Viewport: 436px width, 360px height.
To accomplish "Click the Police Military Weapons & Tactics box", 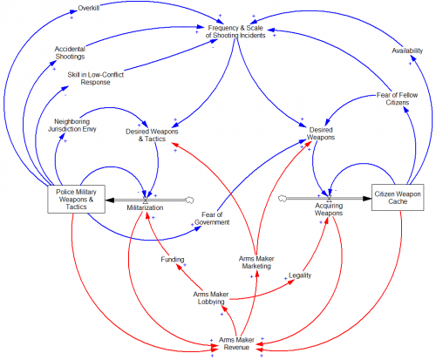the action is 76,199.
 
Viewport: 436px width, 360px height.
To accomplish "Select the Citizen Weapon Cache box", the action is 398,197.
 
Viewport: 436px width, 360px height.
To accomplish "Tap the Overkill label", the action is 89,8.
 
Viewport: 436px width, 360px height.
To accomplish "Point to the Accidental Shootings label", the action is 70,52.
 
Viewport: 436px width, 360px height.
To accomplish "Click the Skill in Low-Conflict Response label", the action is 96,78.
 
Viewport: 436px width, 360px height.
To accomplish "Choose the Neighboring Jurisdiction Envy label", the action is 72,126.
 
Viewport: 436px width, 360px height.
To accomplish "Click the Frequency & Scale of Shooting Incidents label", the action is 235,31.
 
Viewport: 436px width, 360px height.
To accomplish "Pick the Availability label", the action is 407,51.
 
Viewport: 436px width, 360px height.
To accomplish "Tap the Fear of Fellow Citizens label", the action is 398,98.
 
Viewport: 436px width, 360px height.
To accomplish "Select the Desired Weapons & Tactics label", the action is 152,135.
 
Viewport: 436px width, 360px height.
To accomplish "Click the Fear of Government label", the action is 212,219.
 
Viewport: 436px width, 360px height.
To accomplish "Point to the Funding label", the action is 173,259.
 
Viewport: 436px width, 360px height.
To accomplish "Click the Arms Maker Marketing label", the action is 256,262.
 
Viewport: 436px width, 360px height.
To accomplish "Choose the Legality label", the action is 300,275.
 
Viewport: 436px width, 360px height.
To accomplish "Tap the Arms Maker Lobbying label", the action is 211,298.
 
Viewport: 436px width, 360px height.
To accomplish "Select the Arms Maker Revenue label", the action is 236,343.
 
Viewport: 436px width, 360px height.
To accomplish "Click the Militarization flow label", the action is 145,207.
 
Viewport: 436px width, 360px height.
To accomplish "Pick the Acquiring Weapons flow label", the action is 329,209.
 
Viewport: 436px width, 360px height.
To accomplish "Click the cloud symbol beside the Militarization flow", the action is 189,200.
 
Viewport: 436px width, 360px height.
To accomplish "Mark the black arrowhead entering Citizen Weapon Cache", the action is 367,199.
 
